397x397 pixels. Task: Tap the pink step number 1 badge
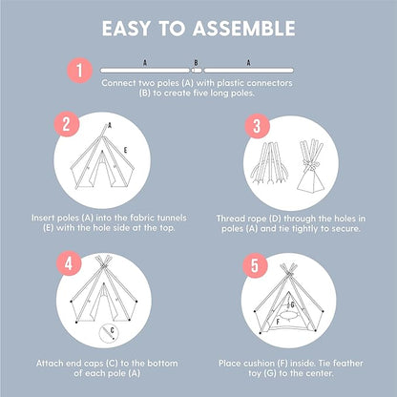[81, 69]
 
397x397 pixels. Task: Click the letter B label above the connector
[196, 60]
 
